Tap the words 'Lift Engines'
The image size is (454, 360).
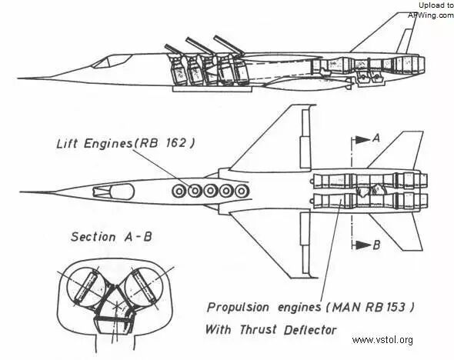[x=95, y=144]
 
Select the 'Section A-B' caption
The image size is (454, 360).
[x=112, y=237]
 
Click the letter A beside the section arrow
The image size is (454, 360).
[x=376, y=138]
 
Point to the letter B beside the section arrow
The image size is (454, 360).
[x=376, y=245]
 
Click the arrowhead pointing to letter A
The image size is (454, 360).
[x=362, y=140]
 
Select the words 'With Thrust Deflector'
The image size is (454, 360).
[x=271, y=329]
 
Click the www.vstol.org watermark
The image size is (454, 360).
[x=382, y=340]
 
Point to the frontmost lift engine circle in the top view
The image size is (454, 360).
[x=179, y=191]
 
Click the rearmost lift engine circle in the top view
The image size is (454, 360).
[x=242, y=191]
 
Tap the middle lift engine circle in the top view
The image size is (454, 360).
[x=211, y=191]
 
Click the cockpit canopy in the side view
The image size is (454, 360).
[x=110, y=62]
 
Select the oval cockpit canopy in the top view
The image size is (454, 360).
[x=122, y=192]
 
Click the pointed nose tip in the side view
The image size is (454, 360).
[x=18, y=78]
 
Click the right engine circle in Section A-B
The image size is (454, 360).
[x=144, y=286]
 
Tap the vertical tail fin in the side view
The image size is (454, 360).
[x=384, y=33]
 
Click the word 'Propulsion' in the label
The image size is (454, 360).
[x=239, y=308]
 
